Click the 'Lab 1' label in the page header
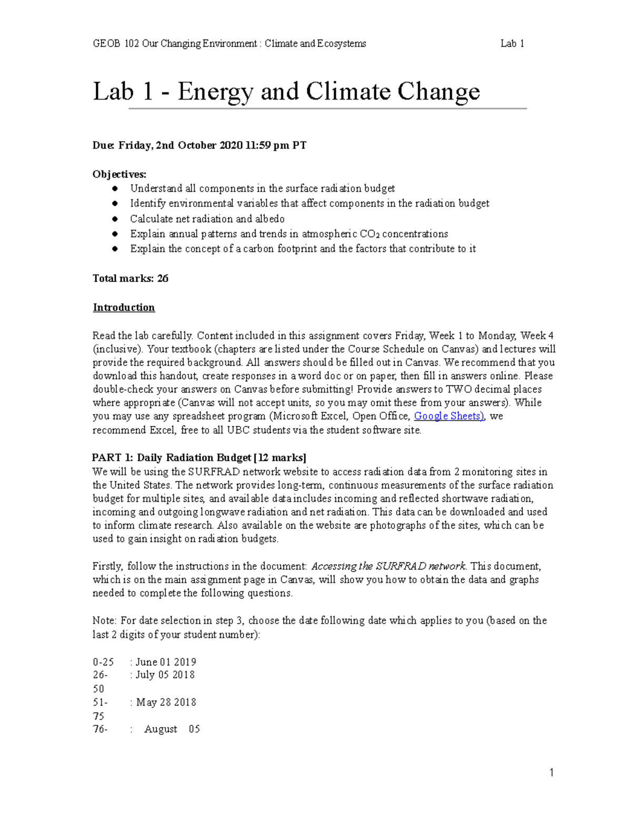[512, 44]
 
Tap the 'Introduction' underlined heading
[124, 308]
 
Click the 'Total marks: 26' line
[131, 279]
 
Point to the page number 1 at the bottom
[551, 773]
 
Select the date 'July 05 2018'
[165, 675]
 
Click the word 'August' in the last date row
[161, 730]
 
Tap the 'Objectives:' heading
[120, 174]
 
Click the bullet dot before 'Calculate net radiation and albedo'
[115, 219]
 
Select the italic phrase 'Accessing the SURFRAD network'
[388, 566]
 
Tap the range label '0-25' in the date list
[103, 662]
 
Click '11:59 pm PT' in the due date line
[276, 145]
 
